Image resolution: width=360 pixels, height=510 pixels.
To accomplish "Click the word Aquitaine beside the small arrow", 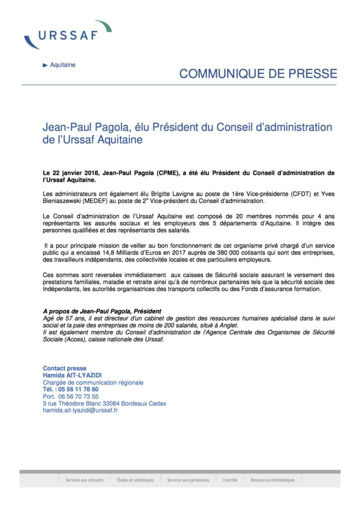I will [63, 65].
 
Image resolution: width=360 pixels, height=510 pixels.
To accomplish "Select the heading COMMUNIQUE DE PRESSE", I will [258, 74].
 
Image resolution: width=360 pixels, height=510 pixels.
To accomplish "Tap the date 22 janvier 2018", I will [76, 173].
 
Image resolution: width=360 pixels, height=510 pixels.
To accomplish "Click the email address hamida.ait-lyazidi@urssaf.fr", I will [80, 410].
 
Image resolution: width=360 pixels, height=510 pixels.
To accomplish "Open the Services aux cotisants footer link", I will [84, 480].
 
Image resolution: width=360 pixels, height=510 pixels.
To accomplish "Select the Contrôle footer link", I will [230, 480].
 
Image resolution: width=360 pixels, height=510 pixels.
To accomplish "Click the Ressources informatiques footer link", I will [273, 480].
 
